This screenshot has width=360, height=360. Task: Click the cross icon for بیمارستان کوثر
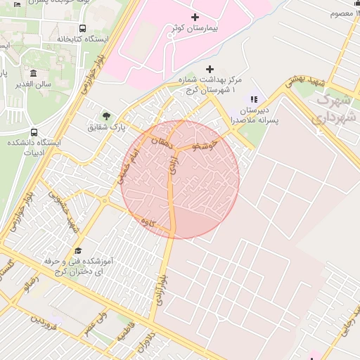click(x=195, y=17)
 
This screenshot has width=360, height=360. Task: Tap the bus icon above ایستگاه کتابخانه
click(x=83, y=29)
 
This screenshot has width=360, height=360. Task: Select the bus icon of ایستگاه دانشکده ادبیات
click(x=34, y=131)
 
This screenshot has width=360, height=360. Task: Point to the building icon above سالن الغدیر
click(x=33, y=73)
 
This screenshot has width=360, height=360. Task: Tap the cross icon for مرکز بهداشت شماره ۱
click(x=209, y=70)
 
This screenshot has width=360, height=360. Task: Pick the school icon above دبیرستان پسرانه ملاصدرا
click(x=254, y=100)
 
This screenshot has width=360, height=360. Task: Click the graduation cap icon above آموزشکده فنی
click(x=78, y=250)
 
